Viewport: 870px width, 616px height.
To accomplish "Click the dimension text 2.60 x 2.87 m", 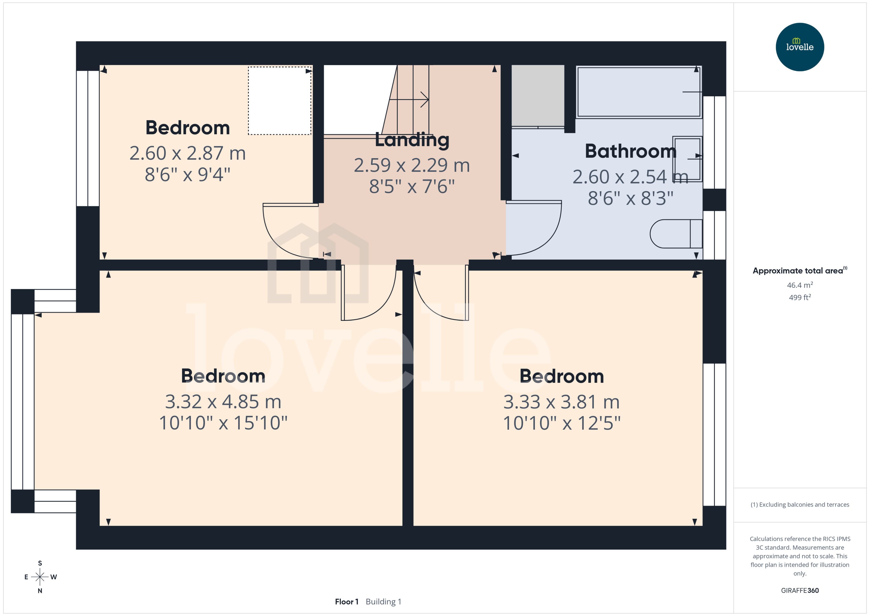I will (188, 153).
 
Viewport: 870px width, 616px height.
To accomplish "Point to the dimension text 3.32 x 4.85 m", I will (223, 402).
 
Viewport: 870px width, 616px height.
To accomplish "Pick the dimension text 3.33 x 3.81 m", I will (562, 402).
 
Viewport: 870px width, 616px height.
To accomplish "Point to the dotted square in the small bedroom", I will (279, 100).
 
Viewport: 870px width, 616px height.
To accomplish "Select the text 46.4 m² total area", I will (799, 285).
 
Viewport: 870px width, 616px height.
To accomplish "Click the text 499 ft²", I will (799, 297).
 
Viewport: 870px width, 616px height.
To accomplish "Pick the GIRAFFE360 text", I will (799, 590).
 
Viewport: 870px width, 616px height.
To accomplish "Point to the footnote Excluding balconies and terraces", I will (799, 505).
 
